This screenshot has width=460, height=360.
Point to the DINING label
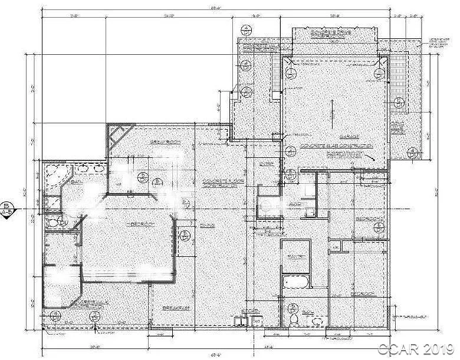coord(206,226)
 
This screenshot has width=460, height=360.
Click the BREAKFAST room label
coord(176,308)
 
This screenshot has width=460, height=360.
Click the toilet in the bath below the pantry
coord(294,319)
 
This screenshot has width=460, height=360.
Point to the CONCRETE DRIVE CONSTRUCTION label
coord(331,34)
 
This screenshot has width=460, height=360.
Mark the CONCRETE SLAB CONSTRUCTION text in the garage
coord(336,145)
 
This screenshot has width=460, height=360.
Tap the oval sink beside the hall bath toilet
coord(318,321)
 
